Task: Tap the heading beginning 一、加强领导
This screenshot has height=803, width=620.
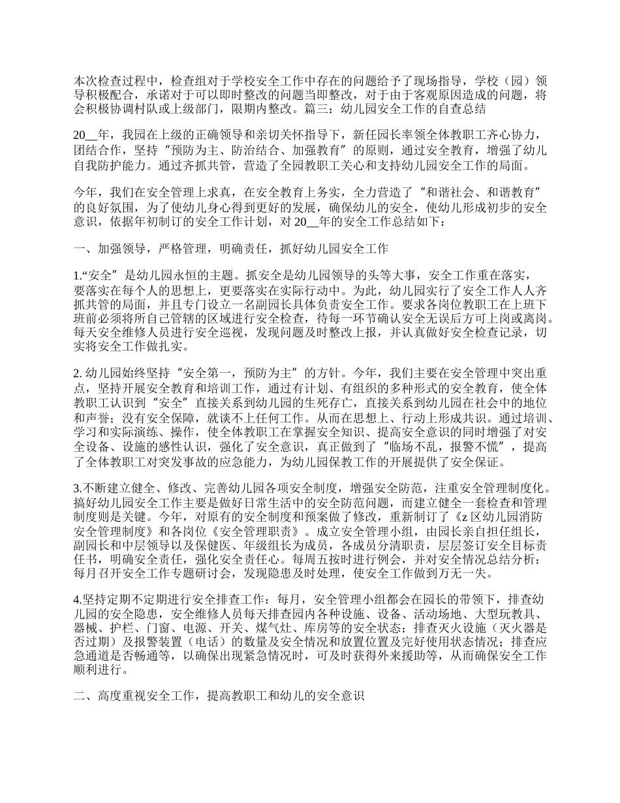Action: [x=232, y=248]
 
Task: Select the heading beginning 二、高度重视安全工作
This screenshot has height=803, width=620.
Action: [x=219, y=697]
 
